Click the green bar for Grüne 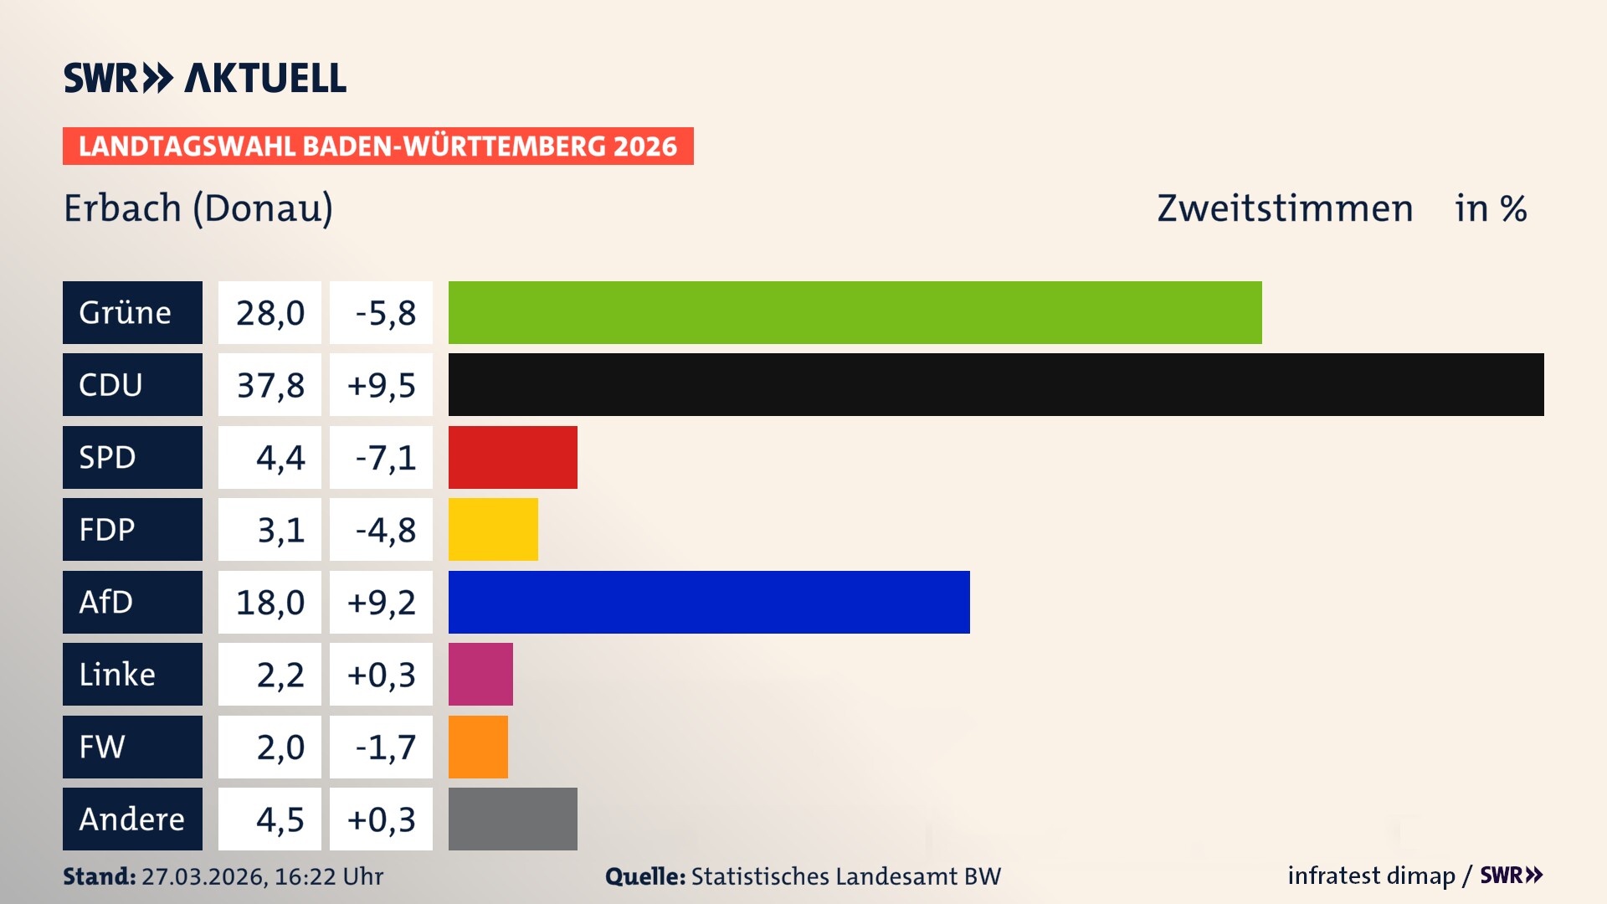[855, 312]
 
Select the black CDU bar [996, 384]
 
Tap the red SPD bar [512, 457]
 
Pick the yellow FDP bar [493, 529]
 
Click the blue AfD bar [709, 602]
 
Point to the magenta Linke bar [480, 674]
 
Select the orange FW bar [478, 747]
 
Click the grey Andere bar [512, 819]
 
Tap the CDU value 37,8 [270, 385]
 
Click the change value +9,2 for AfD [381, 603]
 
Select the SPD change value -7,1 [385, 458]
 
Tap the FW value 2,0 [280, 747]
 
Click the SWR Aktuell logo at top [204, 78]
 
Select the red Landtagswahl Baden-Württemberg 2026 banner [377, 146]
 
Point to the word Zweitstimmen [1285, 208]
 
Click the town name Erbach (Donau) [198, 208]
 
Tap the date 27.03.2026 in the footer [203, 876]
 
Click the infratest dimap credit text [1371, 876]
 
